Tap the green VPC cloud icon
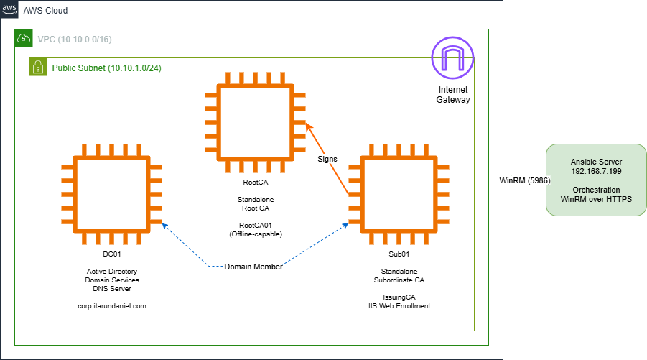[24, 38]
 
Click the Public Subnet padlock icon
[38, 68]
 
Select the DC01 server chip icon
[111, 195]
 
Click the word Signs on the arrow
[327, 158]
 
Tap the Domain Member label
[253, 267]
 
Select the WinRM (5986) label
[524, 180]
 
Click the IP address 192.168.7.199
[595, 172]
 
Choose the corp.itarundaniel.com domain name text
[111, 306]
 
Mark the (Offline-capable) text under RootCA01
[255, 234]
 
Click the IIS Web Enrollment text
[399, 306]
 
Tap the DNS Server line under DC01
[111, 288]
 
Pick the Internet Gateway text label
[452, 94]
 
